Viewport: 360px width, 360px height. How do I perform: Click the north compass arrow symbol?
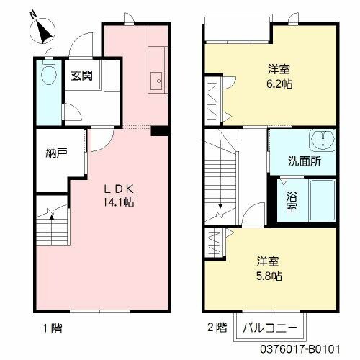tap(44, 30)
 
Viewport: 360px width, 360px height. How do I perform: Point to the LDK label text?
tap(117, 189)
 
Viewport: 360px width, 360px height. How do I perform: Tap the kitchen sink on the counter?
tap(156, 79)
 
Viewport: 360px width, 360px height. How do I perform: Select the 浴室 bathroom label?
tap(292, 201)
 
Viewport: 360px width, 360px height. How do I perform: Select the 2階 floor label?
tap(215, 329)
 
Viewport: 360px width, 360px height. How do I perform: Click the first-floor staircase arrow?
tap(52, 215)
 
